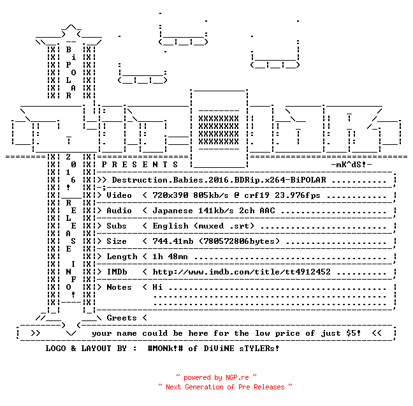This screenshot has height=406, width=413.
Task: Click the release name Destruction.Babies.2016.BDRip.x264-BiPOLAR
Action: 219,180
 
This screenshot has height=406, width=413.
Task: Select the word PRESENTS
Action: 140,165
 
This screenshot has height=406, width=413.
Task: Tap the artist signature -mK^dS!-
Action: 351,165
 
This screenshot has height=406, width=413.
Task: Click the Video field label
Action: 119,195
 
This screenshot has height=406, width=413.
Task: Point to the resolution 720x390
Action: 170,195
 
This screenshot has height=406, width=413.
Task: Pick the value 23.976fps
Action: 298,195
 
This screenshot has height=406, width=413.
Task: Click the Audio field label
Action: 119,211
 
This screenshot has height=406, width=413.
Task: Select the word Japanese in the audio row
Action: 173,211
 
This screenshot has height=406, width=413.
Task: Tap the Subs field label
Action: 117,226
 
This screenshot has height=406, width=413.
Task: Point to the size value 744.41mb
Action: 173,241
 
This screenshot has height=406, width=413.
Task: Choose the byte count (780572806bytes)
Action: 240,241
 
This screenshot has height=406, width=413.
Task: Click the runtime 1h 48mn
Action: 170,257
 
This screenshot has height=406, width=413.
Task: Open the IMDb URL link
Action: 242,272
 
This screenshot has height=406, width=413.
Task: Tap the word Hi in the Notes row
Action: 157,287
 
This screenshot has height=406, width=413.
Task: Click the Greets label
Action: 122,318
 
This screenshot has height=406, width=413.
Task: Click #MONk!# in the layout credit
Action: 166,348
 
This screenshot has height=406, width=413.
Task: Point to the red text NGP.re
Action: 237,377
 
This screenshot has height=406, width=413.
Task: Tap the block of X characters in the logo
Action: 219,130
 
